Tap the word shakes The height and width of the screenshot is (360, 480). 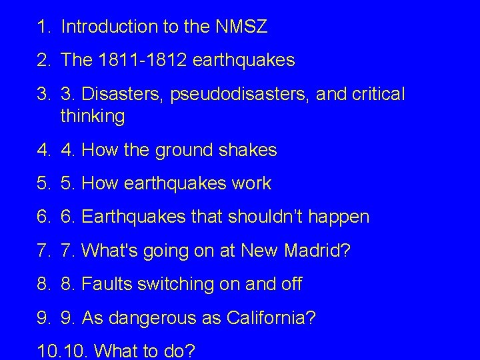(247, 151)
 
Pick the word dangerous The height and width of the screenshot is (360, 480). (155, 318)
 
